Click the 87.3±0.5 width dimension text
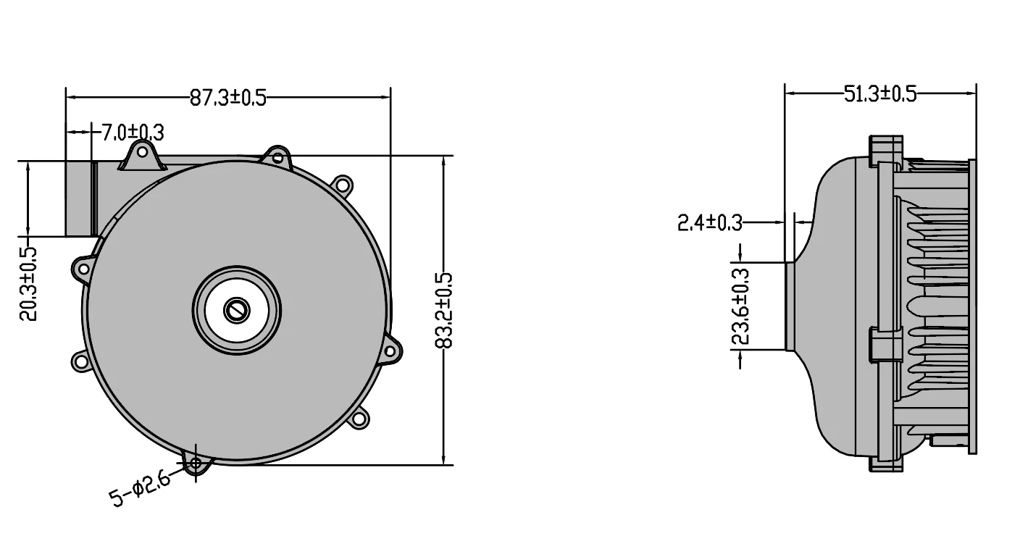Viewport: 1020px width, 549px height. click(x=227, y=97)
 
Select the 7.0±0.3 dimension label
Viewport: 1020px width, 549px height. click(x=132, y=133)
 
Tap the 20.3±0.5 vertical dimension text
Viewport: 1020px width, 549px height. click(x=28, y=284)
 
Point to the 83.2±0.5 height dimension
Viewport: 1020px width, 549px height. click(x=444, y=310)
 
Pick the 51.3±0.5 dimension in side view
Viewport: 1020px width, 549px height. click(x=879, y=93)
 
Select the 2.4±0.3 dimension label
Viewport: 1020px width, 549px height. click(x=709, y=223)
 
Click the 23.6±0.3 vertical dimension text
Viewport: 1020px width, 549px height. click(x=740, y=306)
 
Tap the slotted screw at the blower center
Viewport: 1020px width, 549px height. click(x=237, y=311)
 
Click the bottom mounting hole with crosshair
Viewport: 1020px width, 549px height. click(x=196, y=463)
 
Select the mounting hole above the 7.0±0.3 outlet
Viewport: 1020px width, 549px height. click(x=142, y=153)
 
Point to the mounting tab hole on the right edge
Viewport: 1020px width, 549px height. click(x=390, y=352)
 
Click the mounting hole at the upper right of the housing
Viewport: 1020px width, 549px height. click(x=344, y=185)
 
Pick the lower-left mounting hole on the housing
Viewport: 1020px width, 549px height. click(x=80, y=360)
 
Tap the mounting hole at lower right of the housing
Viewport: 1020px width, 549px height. click(x=358, y=418)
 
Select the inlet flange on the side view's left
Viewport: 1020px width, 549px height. click(x=790, y=306)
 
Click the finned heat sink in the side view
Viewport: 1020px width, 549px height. click(x=935, y=304)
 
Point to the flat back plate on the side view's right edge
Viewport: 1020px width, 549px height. click(x=972, y=307)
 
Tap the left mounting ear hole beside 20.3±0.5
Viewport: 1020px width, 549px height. click(x=83, y=269)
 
